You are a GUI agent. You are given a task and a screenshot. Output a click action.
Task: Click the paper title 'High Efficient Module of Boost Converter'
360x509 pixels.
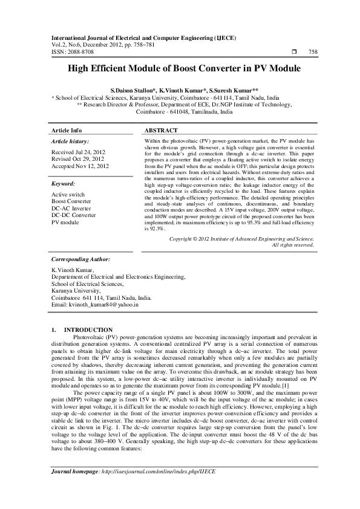[x=180, y=69]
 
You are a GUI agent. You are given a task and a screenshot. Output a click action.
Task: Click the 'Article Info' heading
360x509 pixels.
[x=67, y=131]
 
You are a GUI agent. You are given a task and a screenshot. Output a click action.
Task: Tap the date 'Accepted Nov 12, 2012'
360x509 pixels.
[x=80, y=166]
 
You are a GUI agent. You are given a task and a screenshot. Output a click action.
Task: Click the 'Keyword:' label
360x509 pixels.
[x=63, y=183]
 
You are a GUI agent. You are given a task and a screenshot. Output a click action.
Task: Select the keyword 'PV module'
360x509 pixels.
[x=65, y=222]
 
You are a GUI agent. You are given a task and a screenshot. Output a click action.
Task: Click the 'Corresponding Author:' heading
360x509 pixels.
[x=81, y=258]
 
